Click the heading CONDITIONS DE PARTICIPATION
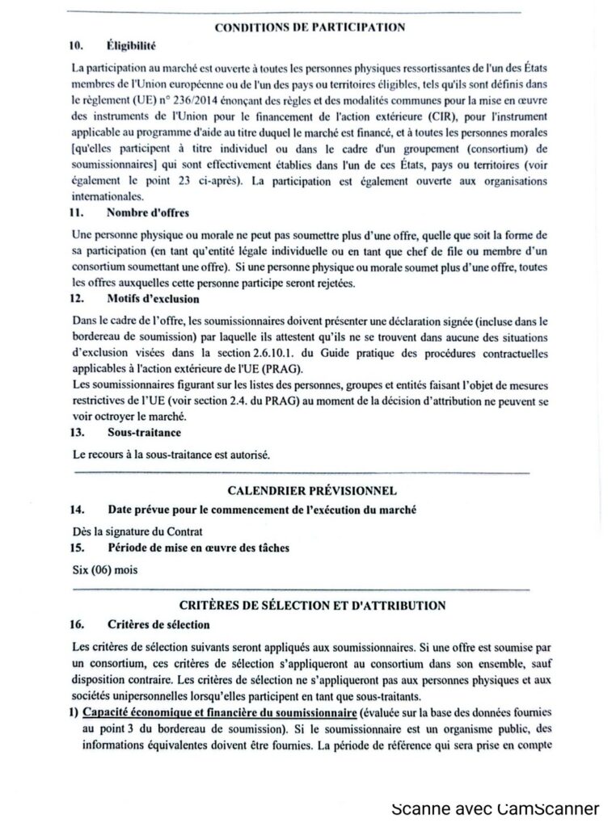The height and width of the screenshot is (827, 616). [x=310, y=27]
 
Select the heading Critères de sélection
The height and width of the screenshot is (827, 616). [x=158, y=624]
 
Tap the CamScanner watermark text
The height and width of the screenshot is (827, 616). [x=495, y=808]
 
